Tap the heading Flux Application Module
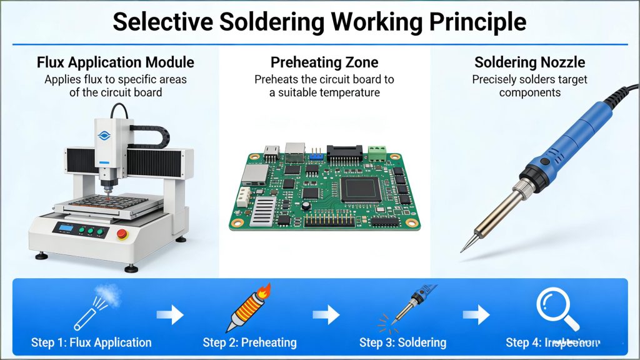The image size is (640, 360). click(116, 62)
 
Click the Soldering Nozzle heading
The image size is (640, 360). click(529, 62)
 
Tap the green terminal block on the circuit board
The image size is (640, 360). click(376, 152)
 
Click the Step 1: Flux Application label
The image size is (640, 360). click(91, 342)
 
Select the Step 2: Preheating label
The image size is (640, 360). click(249, 342)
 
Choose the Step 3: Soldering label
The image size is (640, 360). click(402, 342)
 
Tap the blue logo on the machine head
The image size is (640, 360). click(104, 135)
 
